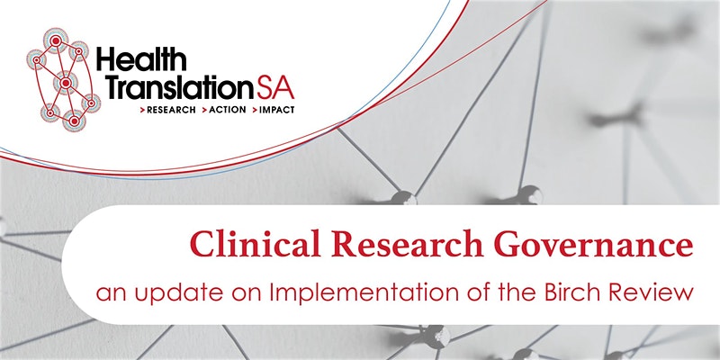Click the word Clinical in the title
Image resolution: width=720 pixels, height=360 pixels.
click(x=255, y=244)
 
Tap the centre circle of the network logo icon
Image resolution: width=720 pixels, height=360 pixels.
click(x=66, y=83)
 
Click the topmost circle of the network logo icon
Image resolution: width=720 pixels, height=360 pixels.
click(x=56, y=40)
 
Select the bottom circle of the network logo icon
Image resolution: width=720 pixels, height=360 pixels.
click(x=74, y=121)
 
